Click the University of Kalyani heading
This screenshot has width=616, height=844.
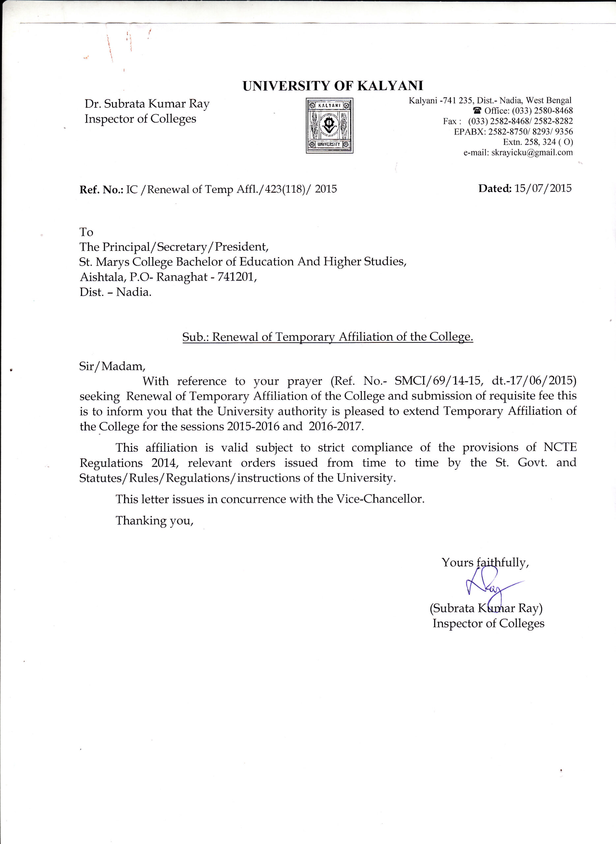(333, 86)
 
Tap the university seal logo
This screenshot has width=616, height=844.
(329, 126)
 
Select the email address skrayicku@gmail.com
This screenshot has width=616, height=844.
(532, 152)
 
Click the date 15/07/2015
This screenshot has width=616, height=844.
(543, 188)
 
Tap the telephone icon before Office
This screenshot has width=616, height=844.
(477, 111)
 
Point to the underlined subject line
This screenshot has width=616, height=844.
(327, 337)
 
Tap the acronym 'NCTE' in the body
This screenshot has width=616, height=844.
(560, 447)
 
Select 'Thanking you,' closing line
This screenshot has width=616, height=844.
(154, 521)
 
